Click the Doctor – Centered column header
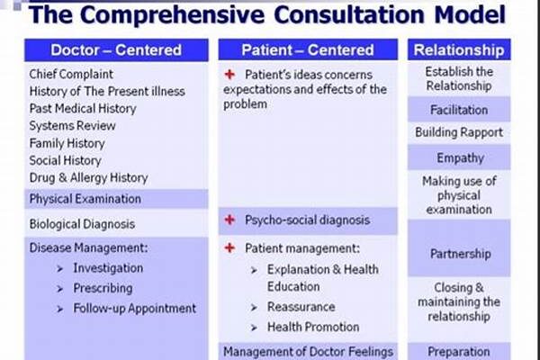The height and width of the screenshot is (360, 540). (x=116, y=50)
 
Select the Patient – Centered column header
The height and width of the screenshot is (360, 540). (x=308, y=50)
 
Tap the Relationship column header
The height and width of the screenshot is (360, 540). (x=459, y=50)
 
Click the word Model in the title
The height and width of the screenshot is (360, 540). (x=470, y=14)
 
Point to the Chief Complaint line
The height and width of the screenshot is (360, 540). (x=71, y=74)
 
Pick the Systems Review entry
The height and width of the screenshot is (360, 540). (x=72, y=126)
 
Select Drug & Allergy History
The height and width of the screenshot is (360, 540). (x=88, y=178)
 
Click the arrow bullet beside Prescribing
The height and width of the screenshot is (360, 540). (x=60, y=289)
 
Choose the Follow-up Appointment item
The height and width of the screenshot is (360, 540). (x=135, y=309)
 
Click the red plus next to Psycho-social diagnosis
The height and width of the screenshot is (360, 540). (x=229, y=220)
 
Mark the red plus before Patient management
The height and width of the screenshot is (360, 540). (x=229, y=247)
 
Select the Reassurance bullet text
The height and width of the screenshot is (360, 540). (x=301, y=307)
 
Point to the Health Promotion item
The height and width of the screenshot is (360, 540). (x=313, y=327)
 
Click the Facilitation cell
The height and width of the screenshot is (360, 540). (x=459, y=110)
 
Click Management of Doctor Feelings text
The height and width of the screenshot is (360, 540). (x=308, y=352)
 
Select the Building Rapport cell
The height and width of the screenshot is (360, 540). (x=459, y=132)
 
